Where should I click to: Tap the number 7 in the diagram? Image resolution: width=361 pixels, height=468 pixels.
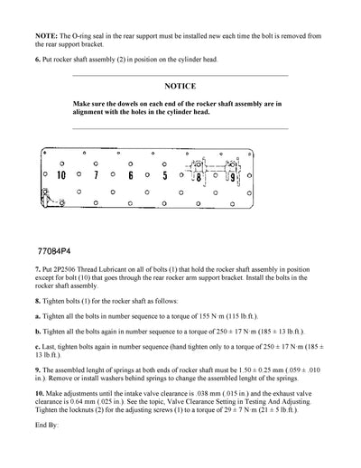96,175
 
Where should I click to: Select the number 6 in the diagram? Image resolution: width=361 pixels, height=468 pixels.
131,175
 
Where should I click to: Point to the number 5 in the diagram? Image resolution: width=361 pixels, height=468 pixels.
164,175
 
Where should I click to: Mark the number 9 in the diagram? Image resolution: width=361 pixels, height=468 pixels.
232,177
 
